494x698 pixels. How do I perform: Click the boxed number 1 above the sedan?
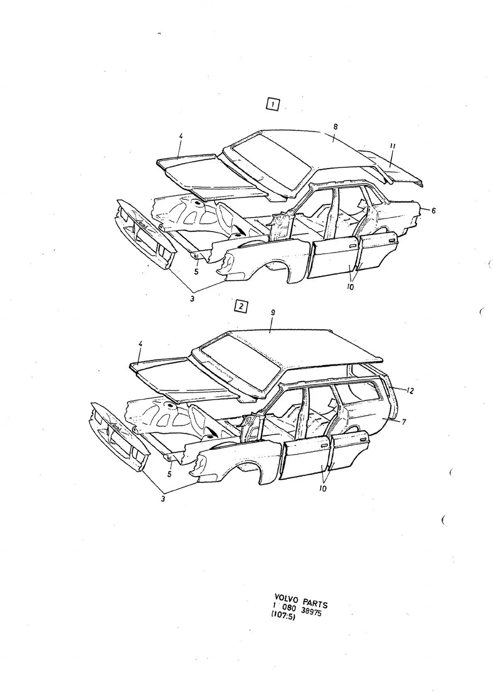[x=273, y=105]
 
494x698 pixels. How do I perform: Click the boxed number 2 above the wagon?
[x=241, y=307]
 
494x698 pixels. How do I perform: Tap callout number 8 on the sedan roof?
[x=335, y=127]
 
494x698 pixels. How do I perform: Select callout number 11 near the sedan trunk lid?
[x=392, y=146]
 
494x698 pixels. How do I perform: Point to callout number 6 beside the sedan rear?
[x=434, y=211]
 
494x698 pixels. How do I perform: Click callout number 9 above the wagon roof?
[x=273, y=312]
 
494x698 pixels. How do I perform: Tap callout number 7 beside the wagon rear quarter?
[x=404, y=422]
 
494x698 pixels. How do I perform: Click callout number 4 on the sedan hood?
[x=181, y=136]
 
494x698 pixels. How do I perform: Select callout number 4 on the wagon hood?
[x=140, y=344]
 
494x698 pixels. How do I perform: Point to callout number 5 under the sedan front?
[x=196, y=272]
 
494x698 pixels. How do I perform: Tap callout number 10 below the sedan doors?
[x=350, y=287]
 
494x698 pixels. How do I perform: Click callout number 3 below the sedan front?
[x=192, y=298]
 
